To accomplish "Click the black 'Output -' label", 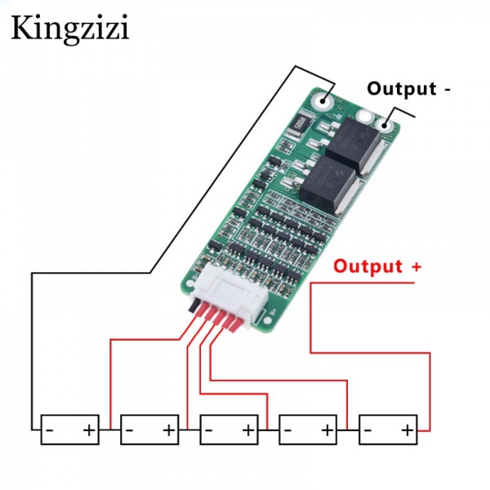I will pos(408,88).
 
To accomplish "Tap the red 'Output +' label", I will pos(377,266).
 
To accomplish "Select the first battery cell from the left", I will pos(70,429).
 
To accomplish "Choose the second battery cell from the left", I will pos(149,429).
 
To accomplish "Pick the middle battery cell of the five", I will pos(229,429).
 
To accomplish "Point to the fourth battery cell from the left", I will pos(308,429).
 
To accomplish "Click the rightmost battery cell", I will pos(388,429).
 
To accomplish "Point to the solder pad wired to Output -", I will pos(383,126).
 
